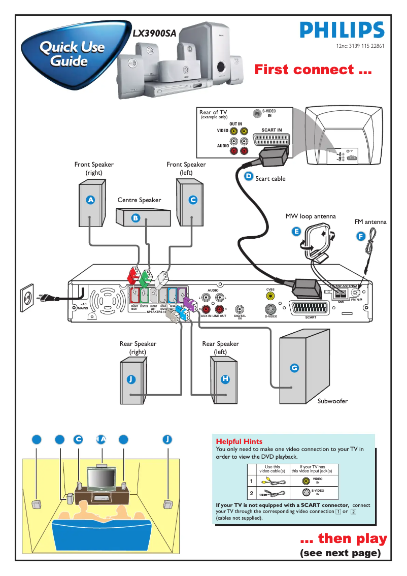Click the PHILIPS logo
pos(342,30)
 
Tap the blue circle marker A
pos(90,200)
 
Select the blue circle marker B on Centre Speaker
pos(135,218)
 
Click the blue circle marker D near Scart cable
pos(249,176)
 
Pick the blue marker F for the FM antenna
pos(360,236)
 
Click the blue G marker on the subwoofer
pos(294,368)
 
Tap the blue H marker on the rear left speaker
pos(225,379)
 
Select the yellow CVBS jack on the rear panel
pos(270,296)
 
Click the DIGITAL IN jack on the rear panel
pos(240,309)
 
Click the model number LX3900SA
pos(154,34)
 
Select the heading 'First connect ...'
pos(313,70)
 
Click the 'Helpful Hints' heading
pos(239,441)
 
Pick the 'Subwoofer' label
pos(332,401)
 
